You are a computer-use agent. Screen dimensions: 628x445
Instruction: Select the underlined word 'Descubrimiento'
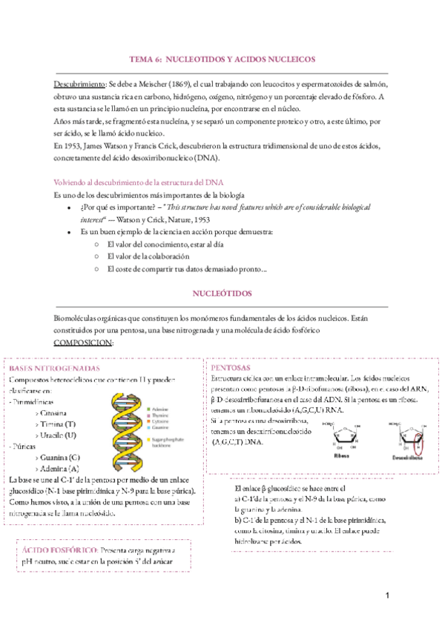80,84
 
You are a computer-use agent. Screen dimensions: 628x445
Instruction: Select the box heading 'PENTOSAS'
230,368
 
